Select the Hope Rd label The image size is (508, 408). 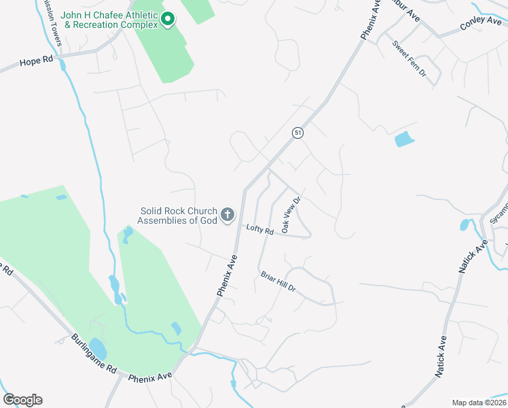point(36,61)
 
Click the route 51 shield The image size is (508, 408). point(297,133)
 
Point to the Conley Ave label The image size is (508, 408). point(481,22)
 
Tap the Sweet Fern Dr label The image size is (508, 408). point(409,58)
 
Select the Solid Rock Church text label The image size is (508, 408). point(178,216)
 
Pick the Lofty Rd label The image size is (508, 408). point(259,231)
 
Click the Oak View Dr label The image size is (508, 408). point(291,216)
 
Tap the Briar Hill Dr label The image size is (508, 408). point(278,283)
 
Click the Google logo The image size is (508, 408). point(22,400)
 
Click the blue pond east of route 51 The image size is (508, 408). point(403,139)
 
